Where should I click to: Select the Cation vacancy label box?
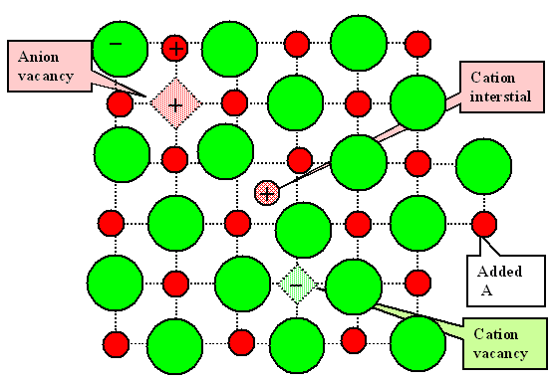pos(505,344)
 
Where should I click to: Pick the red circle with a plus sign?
pos(175,47)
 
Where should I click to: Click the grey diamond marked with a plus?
pos(175,102)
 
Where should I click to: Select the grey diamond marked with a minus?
pos(297,286)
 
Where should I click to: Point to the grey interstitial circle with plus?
pos(266,193)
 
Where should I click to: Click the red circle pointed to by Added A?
pos(483,223)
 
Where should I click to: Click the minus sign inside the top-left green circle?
pos(115,44)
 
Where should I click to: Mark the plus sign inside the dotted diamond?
pos(175,103)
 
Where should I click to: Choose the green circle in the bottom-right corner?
pos(417,344)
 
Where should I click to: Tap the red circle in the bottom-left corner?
pos(118,344)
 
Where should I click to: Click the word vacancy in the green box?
pos(504,353)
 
